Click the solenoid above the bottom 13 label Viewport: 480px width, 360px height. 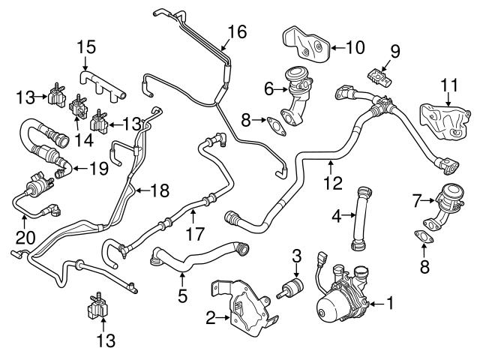point(97,307)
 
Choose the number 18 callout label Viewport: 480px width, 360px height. point(159,191)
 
